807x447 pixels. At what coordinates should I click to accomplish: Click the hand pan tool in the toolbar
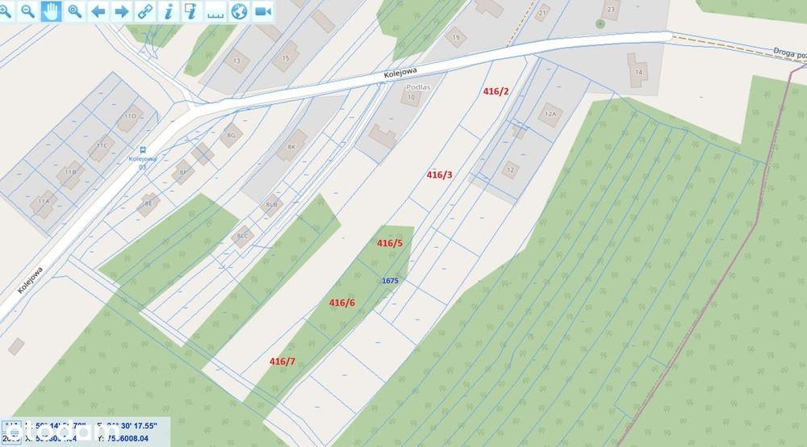tap(51, 10)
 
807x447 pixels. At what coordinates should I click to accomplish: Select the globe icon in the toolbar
tap(239, 10)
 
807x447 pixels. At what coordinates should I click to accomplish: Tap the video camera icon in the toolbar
tap(263, 10)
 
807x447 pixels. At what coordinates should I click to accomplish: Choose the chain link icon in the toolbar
tap(144, 10)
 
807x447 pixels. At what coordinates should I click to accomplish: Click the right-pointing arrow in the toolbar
tap(121, 10)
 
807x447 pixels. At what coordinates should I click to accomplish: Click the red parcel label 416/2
tap(495, 91)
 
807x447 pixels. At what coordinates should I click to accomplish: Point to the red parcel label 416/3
tap(439, 174)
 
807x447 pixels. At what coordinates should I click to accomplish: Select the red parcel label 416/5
tap(389, 243)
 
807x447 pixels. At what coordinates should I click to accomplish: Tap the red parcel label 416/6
tap(341, 303)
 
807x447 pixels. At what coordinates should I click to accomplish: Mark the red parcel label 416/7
tap(282, 361)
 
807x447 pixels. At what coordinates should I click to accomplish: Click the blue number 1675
tap(390, 280)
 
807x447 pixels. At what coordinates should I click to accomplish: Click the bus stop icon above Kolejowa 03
tap(143, 149)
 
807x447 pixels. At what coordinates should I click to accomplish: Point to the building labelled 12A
tap(551, 114)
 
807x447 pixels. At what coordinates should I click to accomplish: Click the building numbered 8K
tap(292, 145)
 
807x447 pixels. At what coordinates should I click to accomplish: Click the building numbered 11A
tap(43, 202)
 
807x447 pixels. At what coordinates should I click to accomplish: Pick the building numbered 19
tap(456, 37)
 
